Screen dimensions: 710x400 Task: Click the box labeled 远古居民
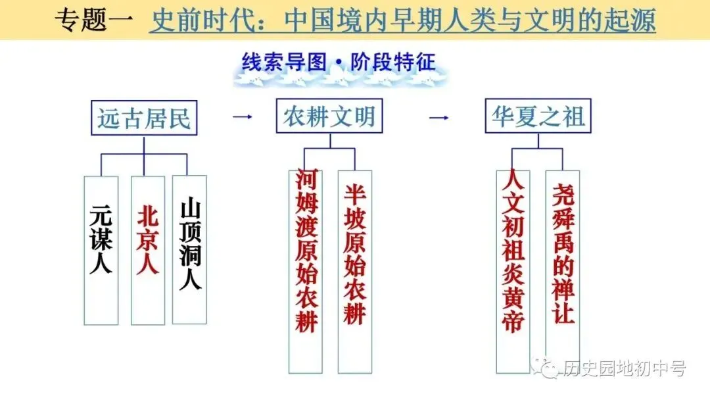144,118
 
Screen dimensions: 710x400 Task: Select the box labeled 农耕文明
329,116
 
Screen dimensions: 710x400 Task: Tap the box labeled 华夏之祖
538,116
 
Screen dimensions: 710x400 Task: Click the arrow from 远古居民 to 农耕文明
243,117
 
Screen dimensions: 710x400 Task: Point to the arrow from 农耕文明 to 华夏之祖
438,117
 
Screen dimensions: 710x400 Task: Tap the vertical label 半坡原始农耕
355,253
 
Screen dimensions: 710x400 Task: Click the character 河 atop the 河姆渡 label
306,178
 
